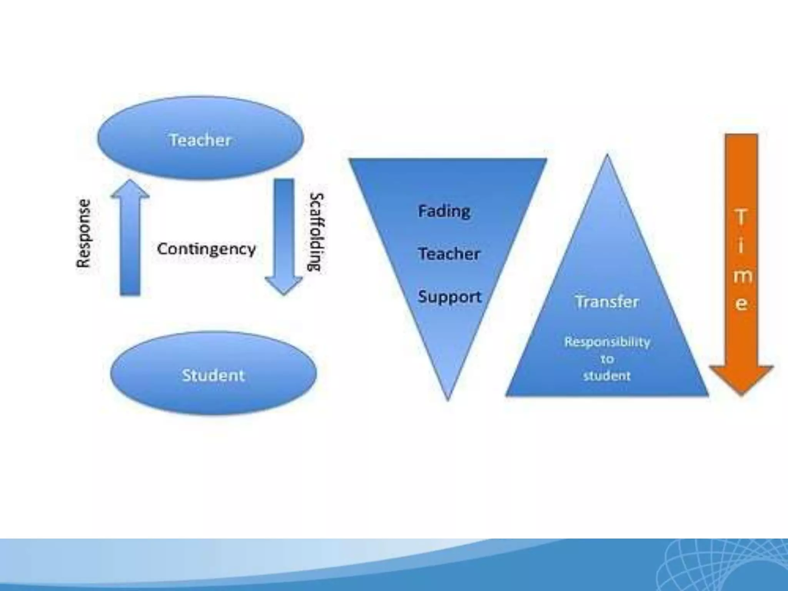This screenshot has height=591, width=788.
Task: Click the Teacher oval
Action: [200, 139]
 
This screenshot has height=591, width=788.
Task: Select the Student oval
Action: [213, 374]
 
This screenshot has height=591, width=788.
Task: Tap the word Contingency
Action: [206, 249]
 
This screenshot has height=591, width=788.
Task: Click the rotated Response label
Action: [83, 233]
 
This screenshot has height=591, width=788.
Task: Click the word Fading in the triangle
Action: [444, 211]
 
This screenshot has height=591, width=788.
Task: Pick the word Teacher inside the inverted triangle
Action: [449, 254]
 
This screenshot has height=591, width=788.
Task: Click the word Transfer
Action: [607, 302]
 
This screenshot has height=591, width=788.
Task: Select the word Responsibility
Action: [607, 342]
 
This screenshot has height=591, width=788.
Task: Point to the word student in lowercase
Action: [607, 376]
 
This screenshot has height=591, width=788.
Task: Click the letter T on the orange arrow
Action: [741, 218]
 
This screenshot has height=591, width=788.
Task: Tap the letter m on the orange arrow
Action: [742, 276]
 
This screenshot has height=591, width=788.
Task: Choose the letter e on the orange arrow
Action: [741, 304]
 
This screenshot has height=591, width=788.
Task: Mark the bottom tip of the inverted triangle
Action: [448, 399]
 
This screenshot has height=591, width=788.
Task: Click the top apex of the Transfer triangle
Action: [607, 157]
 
